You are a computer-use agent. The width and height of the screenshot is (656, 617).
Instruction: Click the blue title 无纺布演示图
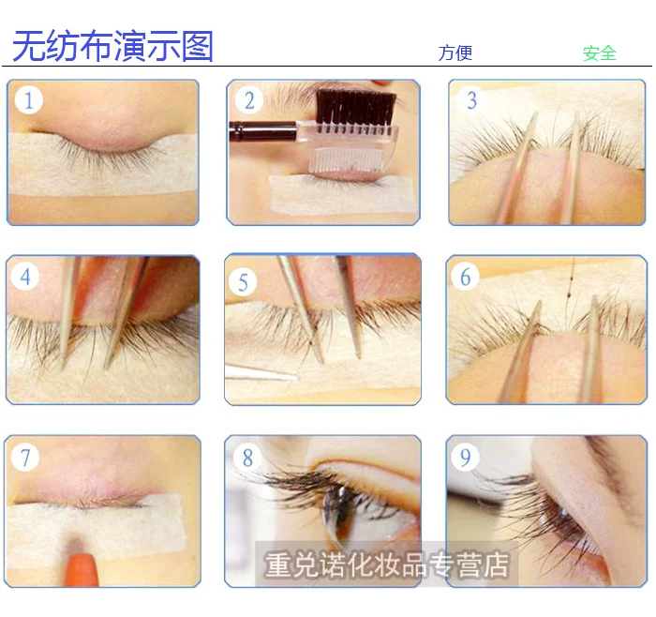point(113,46)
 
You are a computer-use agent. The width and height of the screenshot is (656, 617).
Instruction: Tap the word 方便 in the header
point(455,53)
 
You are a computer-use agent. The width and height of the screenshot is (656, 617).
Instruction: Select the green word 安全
point(600,53)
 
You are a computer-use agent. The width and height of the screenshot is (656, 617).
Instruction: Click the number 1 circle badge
point(28,100)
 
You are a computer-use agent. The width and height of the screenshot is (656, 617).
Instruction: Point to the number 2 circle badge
point(249,100)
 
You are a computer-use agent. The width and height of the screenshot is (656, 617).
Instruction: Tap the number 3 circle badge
point(471,100)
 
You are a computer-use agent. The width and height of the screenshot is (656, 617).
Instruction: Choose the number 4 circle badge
point(25,277)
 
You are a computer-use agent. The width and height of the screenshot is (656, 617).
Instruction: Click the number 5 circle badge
point(243,282)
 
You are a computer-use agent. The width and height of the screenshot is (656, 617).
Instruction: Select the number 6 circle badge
point(465,277)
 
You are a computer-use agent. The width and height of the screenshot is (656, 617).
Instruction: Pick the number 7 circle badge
point(25,457)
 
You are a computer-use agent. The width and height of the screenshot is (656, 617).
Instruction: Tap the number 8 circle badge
point(247,457)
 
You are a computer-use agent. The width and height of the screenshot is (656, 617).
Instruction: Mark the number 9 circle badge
point(465,457)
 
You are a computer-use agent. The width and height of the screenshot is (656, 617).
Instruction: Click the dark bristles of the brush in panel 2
point(355,107)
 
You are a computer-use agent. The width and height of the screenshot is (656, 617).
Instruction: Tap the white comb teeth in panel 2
point(348,160)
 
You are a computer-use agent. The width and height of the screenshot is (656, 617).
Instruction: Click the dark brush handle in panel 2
point(262,130)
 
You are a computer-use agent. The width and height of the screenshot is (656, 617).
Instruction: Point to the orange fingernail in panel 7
point(82,569)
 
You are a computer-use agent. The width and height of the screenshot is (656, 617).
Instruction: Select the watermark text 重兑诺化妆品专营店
point(386,564)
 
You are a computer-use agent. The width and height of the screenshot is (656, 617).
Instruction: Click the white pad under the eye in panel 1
point(102,164)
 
